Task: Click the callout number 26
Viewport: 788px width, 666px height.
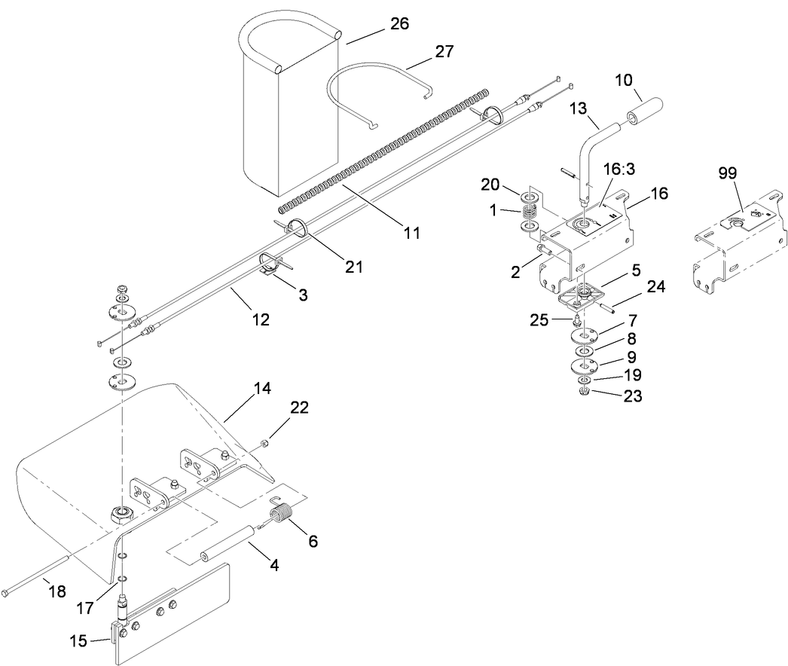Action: tap(399, 23)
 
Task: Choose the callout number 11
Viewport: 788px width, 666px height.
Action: tap(411, 232)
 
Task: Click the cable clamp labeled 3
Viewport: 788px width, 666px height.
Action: tap(271, 265)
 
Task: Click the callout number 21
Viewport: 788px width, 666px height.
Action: tap(353, 266)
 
